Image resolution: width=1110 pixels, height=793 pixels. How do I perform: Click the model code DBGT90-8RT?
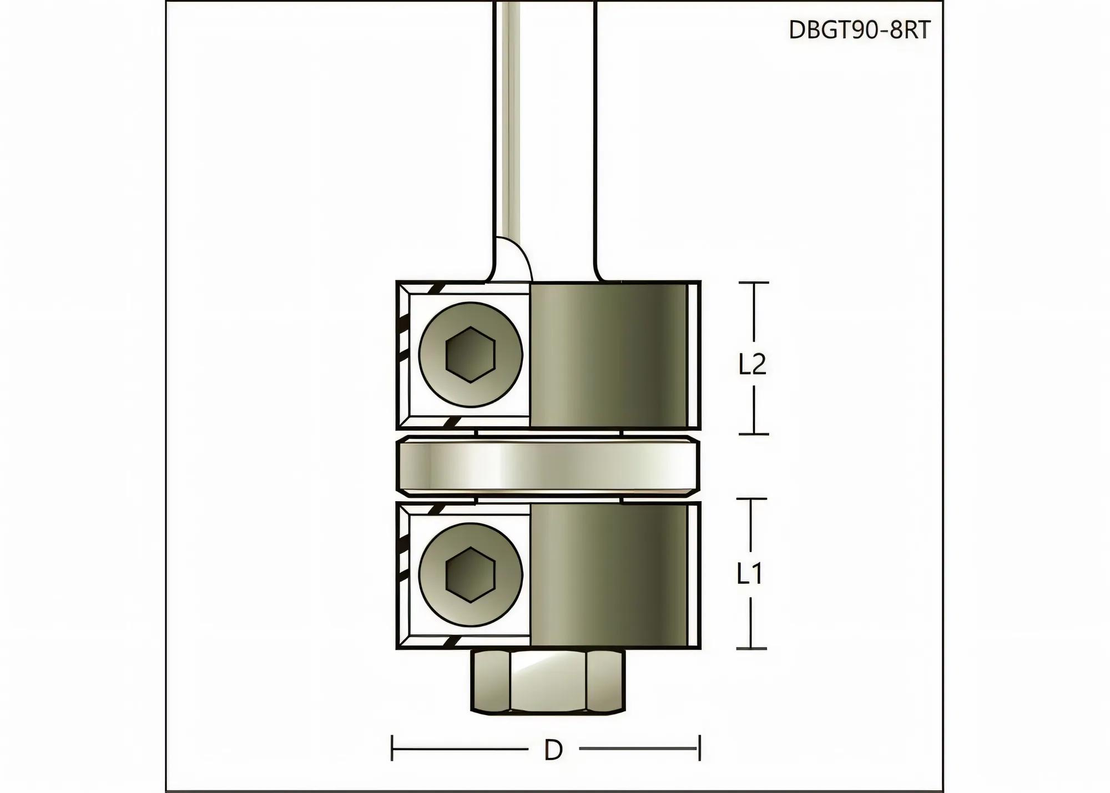pos(859,30)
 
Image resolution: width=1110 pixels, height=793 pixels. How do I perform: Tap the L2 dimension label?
pos(752,364)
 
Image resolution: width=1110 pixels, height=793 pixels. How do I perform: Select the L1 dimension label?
pos(750,574)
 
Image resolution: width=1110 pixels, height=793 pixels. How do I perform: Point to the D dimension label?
pos(553,750)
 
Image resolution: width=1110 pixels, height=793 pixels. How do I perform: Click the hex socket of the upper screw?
pos(470,355)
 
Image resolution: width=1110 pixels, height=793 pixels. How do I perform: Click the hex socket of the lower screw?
pos(470,574)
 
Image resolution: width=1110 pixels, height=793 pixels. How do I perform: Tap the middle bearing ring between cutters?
pos(548,466)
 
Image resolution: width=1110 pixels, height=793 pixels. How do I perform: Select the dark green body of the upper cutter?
pos(608,355)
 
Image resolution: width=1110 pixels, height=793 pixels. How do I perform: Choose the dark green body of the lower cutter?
pos(608,575)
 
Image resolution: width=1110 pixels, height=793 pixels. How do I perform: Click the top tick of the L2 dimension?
pos(753,282)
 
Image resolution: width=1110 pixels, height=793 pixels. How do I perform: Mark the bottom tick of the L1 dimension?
pos(751,648)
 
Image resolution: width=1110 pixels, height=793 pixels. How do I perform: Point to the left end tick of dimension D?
pos(392,748)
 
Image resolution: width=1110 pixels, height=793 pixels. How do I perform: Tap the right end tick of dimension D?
pos(699,748)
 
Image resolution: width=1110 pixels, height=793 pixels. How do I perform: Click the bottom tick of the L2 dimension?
pos(753,434)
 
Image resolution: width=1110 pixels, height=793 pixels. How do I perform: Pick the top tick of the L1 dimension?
pos(751,499)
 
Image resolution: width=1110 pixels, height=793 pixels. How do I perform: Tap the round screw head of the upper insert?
pos(438,333)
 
